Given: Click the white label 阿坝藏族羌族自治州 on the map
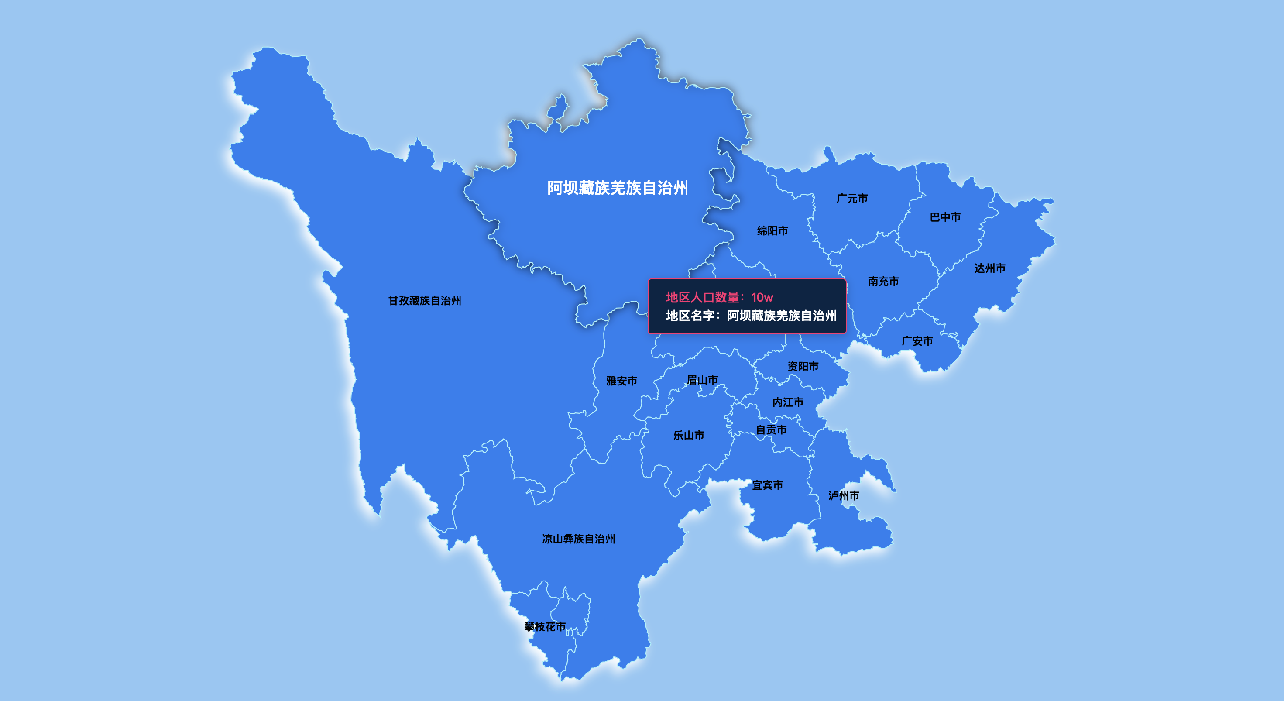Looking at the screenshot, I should (x=618, y=188).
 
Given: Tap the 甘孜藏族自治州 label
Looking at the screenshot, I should (x=425, y=301).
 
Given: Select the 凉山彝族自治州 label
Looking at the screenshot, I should (x=578, y=539).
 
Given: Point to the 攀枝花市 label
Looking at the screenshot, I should (x=545, y=627).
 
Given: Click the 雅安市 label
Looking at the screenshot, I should (x=621, y=381).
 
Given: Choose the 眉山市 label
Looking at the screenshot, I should (x=702, y=380).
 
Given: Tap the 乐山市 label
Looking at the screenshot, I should (x=689, y=435).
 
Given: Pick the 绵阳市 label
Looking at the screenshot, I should (x=772, y=231).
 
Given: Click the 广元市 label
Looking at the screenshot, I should (x=852, y=199).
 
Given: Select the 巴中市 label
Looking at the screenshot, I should (x=945, y=217).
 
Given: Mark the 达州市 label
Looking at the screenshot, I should (x=990, y=268).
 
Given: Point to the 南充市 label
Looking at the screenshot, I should (x=883, y=281).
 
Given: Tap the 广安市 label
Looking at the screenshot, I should (x=917, y=341).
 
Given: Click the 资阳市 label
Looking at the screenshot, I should (x=803, y=367).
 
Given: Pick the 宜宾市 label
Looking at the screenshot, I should (x=768, y=485).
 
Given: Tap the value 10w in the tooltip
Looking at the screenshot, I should (x=762, y=298).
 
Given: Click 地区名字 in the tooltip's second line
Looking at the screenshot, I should (x=690, y=316).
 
